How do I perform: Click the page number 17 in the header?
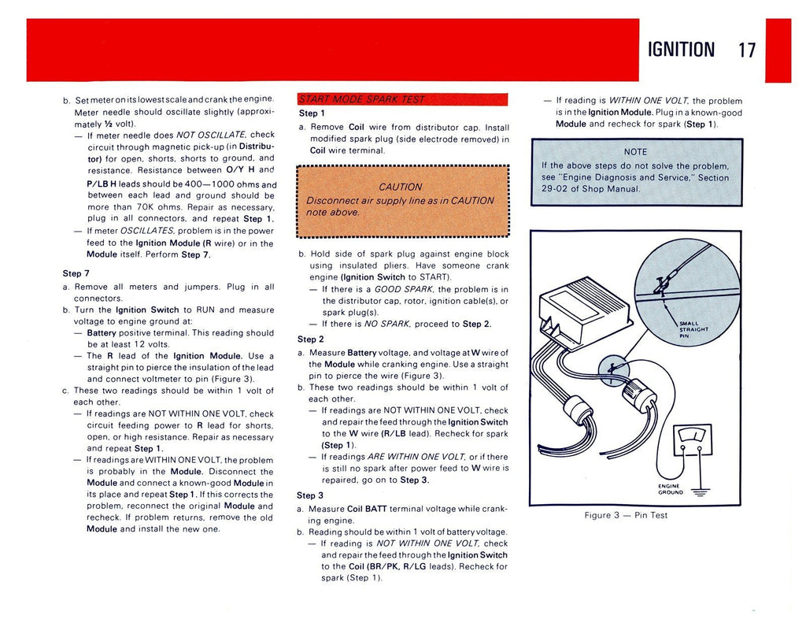(x=747, y=50)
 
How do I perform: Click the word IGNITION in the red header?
(x=681, y=50)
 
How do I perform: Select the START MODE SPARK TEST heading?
(x=362, y=98)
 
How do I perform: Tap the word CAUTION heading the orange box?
(x=400, y=187)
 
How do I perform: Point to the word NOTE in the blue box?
(x=635, y=152)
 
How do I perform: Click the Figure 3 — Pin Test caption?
(x=626, y=515)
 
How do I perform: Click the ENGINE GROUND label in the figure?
(x=670, y=490)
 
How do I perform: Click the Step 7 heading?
(x=76, y=273)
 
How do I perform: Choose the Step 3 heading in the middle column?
(x=310, y=495)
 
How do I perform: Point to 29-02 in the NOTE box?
(x=546, y=189)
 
